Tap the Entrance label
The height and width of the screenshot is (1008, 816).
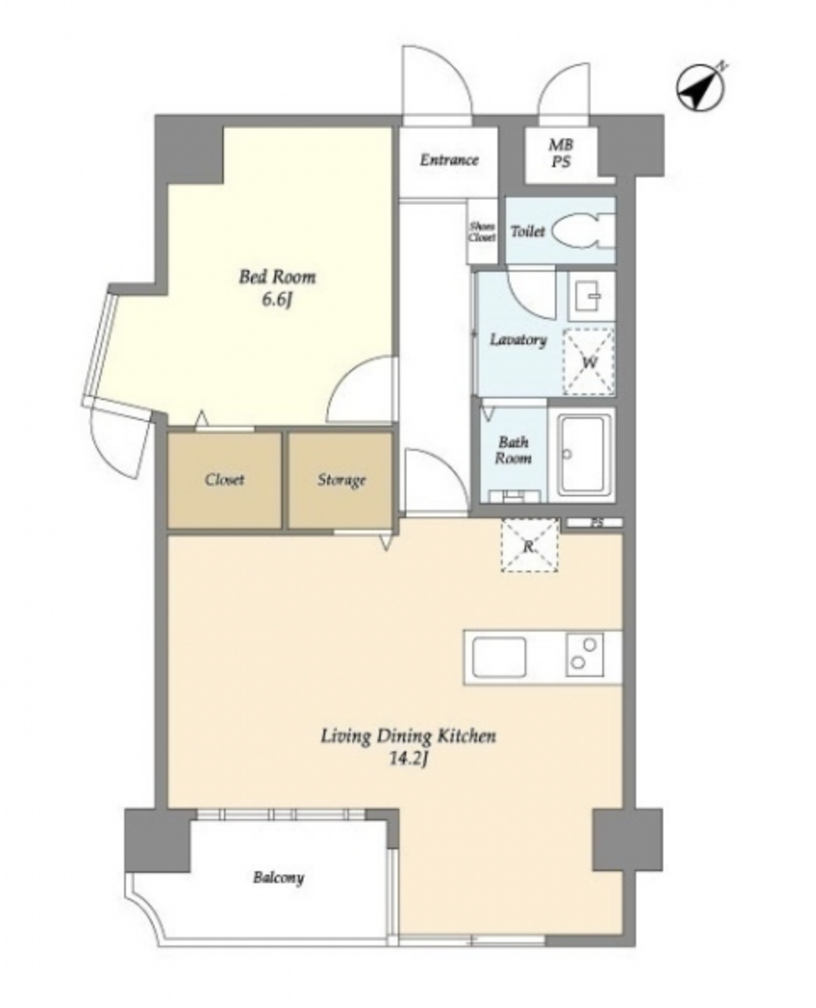pyautogui.click(x=449, y=160)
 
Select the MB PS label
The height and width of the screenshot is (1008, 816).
pyautogui.click(x=561, y=154)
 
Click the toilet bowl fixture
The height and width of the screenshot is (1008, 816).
pyautogui.click(x=583, y=231)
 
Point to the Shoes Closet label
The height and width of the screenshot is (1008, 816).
pyautogui.click(x=482, y=232)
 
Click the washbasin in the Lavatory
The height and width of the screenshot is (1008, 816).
pyautogui.click(x=590, y=298)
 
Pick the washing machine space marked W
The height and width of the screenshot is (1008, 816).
pyautogui.click(x=589, y=361)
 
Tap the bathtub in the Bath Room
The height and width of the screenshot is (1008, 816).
pyautogui.click(x=585, y=454)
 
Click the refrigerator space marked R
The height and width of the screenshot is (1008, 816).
pyautogui.click(x=529, y=545)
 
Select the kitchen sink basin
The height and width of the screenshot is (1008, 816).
pyautogui.click(x=499, y=657)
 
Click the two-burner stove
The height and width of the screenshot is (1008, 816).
pyautogui.click(x=585, y=654)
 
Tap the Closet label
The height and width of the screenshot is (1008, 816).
pyautogui.click(x=225, y=480)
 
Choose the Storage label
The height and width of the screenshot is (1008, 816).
pyautogui.click(x=341, y=480)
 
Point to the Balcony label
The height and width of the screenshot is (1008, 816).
pyautogui.click(x=279, y=877)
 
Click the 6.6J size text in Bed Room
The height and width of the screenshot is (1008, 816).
pyautogui.click(x=277, y=301)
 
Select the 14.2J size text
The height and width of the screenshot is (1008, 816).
pyautogui.click(x=409, y=759)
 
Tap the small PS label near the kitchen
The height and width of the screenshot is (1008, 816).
pyautogui.click(x=596, y=523)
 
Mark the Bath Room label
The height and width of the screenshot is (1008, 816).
pyautogui.click(x=513, y=450)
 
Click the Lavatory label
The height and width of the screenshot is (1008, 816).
pyautogui.click(x=519, y=340)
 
